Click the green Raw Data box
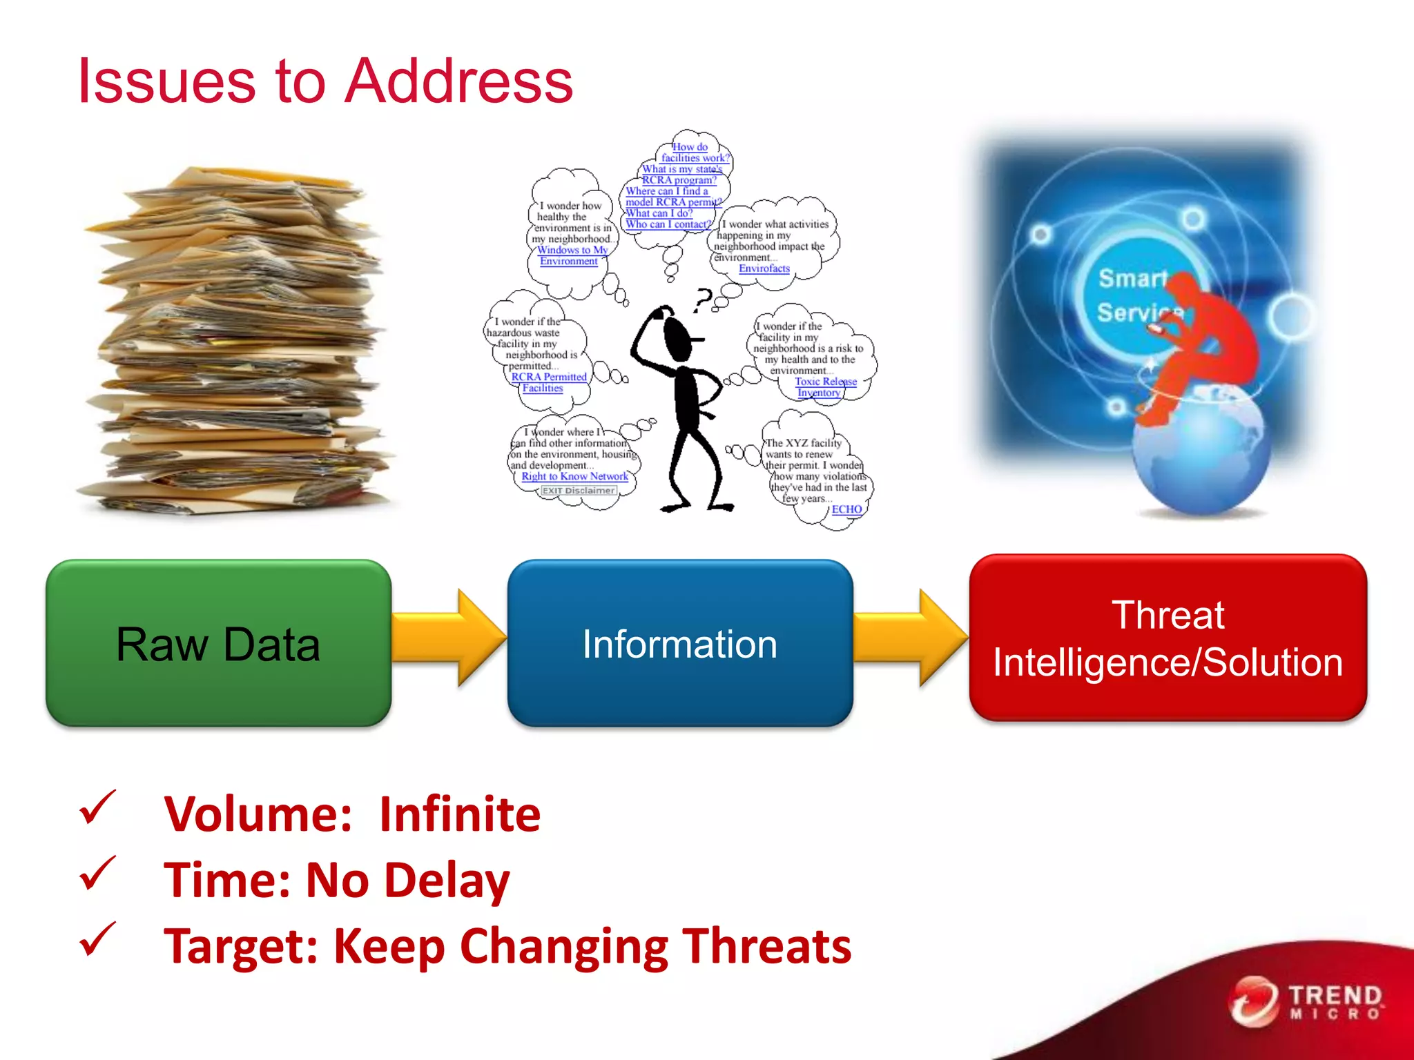click(218, 643)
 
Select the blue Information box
click(680, 643)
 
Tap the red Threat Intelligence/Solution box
click(1168, 638)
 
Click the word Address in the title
click(458, 81)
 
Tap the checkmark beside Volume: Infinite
click(97, 808)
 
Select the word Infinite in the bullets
click(460, 814)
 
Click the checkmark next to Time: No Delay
click(97, 874)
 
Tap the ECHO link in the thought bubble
click(846, 509)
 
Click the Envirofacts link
click(764, 268)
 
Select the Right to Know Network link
click(574, 476)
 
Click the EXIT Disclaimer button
click(578, 491)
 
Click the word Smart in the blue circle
click(1132, 279)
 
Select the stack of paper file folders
click(235, 345)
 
